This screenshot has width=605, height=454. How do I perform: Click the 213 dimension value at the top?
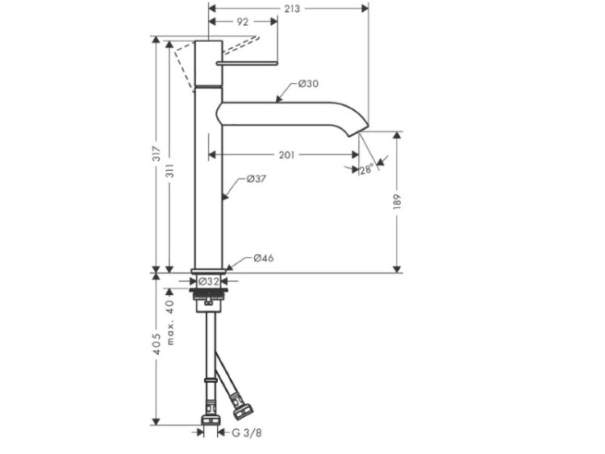292,9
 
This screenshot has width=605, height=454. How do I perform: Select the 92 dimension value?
243,23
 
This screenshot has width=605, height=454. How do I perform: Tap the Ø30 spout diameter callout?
308,84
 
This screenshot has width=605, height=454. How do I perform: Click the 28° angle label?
366,169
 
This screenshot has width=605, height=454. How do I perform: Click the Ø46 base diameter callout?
264,259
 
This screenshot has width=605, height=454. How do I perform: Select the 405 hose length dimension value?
159,347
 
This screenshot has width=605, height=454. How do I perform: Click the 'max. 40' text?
170,323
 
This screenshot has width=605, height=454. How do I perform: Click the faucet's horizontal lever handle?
246,61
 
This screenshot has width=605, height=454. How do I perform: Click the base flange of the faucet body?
208,271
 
